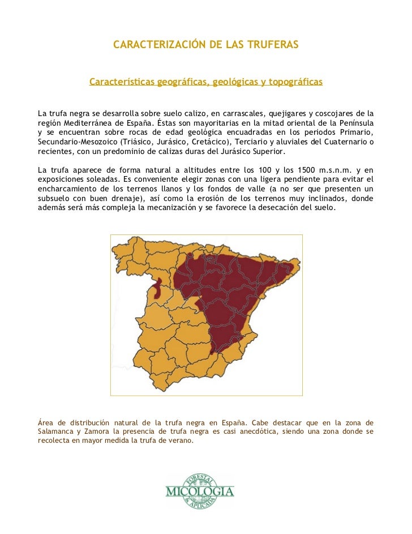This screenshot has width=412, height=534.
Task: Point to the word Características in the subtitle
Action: click(122, 82)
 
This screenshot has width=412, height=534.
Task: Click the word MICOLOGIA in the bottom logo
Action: click(199, 491)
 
